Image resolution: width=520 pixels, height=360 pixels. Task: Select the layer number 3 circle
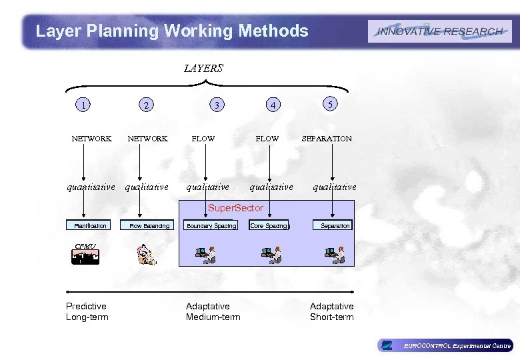click(215, 104)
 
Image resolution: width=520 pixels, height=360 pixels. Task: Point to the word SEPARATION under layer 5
click(327, 139)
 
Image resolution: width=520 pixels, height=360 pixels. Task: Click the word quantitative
click(91, 187)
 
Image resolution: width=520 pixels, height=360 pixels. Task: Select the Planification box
click(90, 226)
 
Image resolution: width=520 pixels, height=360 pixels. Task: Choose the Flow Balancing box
click(149, 226)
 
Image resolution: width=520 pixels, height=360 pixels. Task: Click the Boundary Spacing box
click(211, 226)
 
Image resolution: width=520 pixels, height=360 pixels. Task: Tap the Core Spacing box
click(269, 226)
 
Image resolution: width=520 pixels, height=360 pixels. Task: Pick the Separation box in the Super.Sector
click(335, 226)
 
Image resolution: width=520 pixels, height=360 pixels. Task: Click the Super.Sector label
click(235, 208)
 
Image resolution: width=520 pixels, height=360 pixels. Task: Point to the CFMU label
click(85, 247)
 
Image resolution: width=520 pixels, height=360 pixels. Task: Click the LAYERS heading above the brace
click(203, 68)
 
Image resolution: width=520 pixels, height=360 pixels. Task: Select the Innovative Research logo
click(439, 31)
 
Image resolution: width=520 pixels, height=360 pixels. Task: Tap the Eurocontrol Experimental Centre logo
click(445, 345)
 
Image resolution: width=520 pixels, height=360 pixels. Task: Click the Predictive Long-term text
click(87, 311)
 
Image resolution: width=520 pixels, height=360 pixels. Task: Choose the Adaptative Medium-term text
click(213, 311)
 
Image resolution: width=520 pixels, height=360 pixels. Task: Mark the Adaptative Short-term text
click(331, 311)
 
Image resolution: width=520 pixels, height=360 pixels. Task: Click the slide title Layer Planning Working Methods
click(172, 31)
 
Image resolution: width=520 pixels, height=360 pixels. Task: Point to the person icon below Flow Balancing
click(146, 254)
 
